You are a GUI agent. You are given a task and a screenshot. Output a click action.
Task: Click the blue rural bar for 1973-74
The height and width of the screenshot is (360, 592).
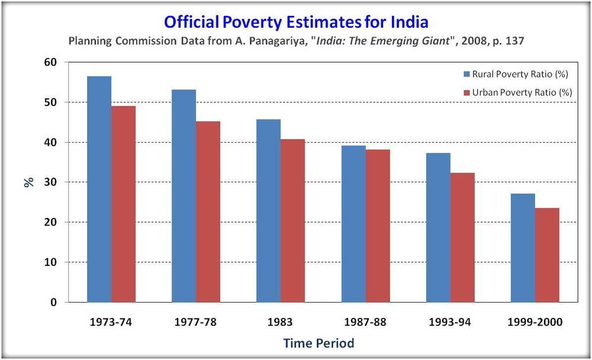[x=99, y=189]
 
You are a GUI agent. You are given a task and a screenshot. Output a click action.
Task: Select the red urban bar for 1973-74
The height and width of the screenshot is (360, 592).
[x=124, y=204]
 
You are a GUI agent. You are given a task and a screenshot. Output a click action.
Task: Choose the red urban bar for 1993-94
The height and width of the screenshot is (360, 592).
[x=462, y=237]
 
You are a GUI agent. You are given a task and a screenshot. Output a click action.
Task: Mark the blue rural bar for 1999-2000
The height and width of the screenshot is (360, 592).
[x=523, y=248]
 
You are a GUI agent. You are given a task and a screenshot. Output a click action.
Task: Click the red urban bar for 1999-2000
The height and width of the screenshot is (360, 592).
[x=547, y=255]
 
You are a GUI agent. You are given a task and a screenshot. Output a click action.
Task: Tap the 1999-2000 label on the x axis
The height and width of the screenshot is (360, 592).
[x=535, y=323]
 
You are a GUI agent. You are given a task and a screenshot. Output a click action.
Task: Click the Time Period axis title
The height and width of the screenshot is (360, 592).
[x=318, y=343]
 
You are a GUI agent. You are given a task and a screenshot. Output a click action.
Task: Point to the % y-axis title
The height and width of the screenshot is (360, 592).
[x=28, y=182]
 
